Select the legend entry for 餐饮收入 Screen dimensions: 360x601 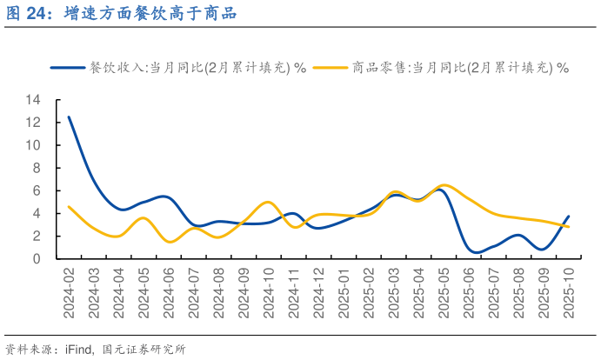197,68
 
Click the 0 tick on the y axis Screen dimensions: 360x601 37,258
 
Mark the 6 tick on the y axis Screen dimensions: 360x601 37,190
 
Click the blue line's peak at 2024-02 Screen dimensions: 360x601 69,117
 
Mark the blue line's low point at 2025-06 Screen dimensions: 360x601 475,252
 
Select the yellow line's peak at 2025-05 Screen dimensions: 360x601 444,185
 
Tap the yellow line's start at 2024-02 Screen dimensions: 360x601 69,207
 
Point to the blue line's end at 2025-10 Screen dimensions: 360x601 569,217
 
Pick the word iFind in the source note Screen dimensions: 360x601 79,350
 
